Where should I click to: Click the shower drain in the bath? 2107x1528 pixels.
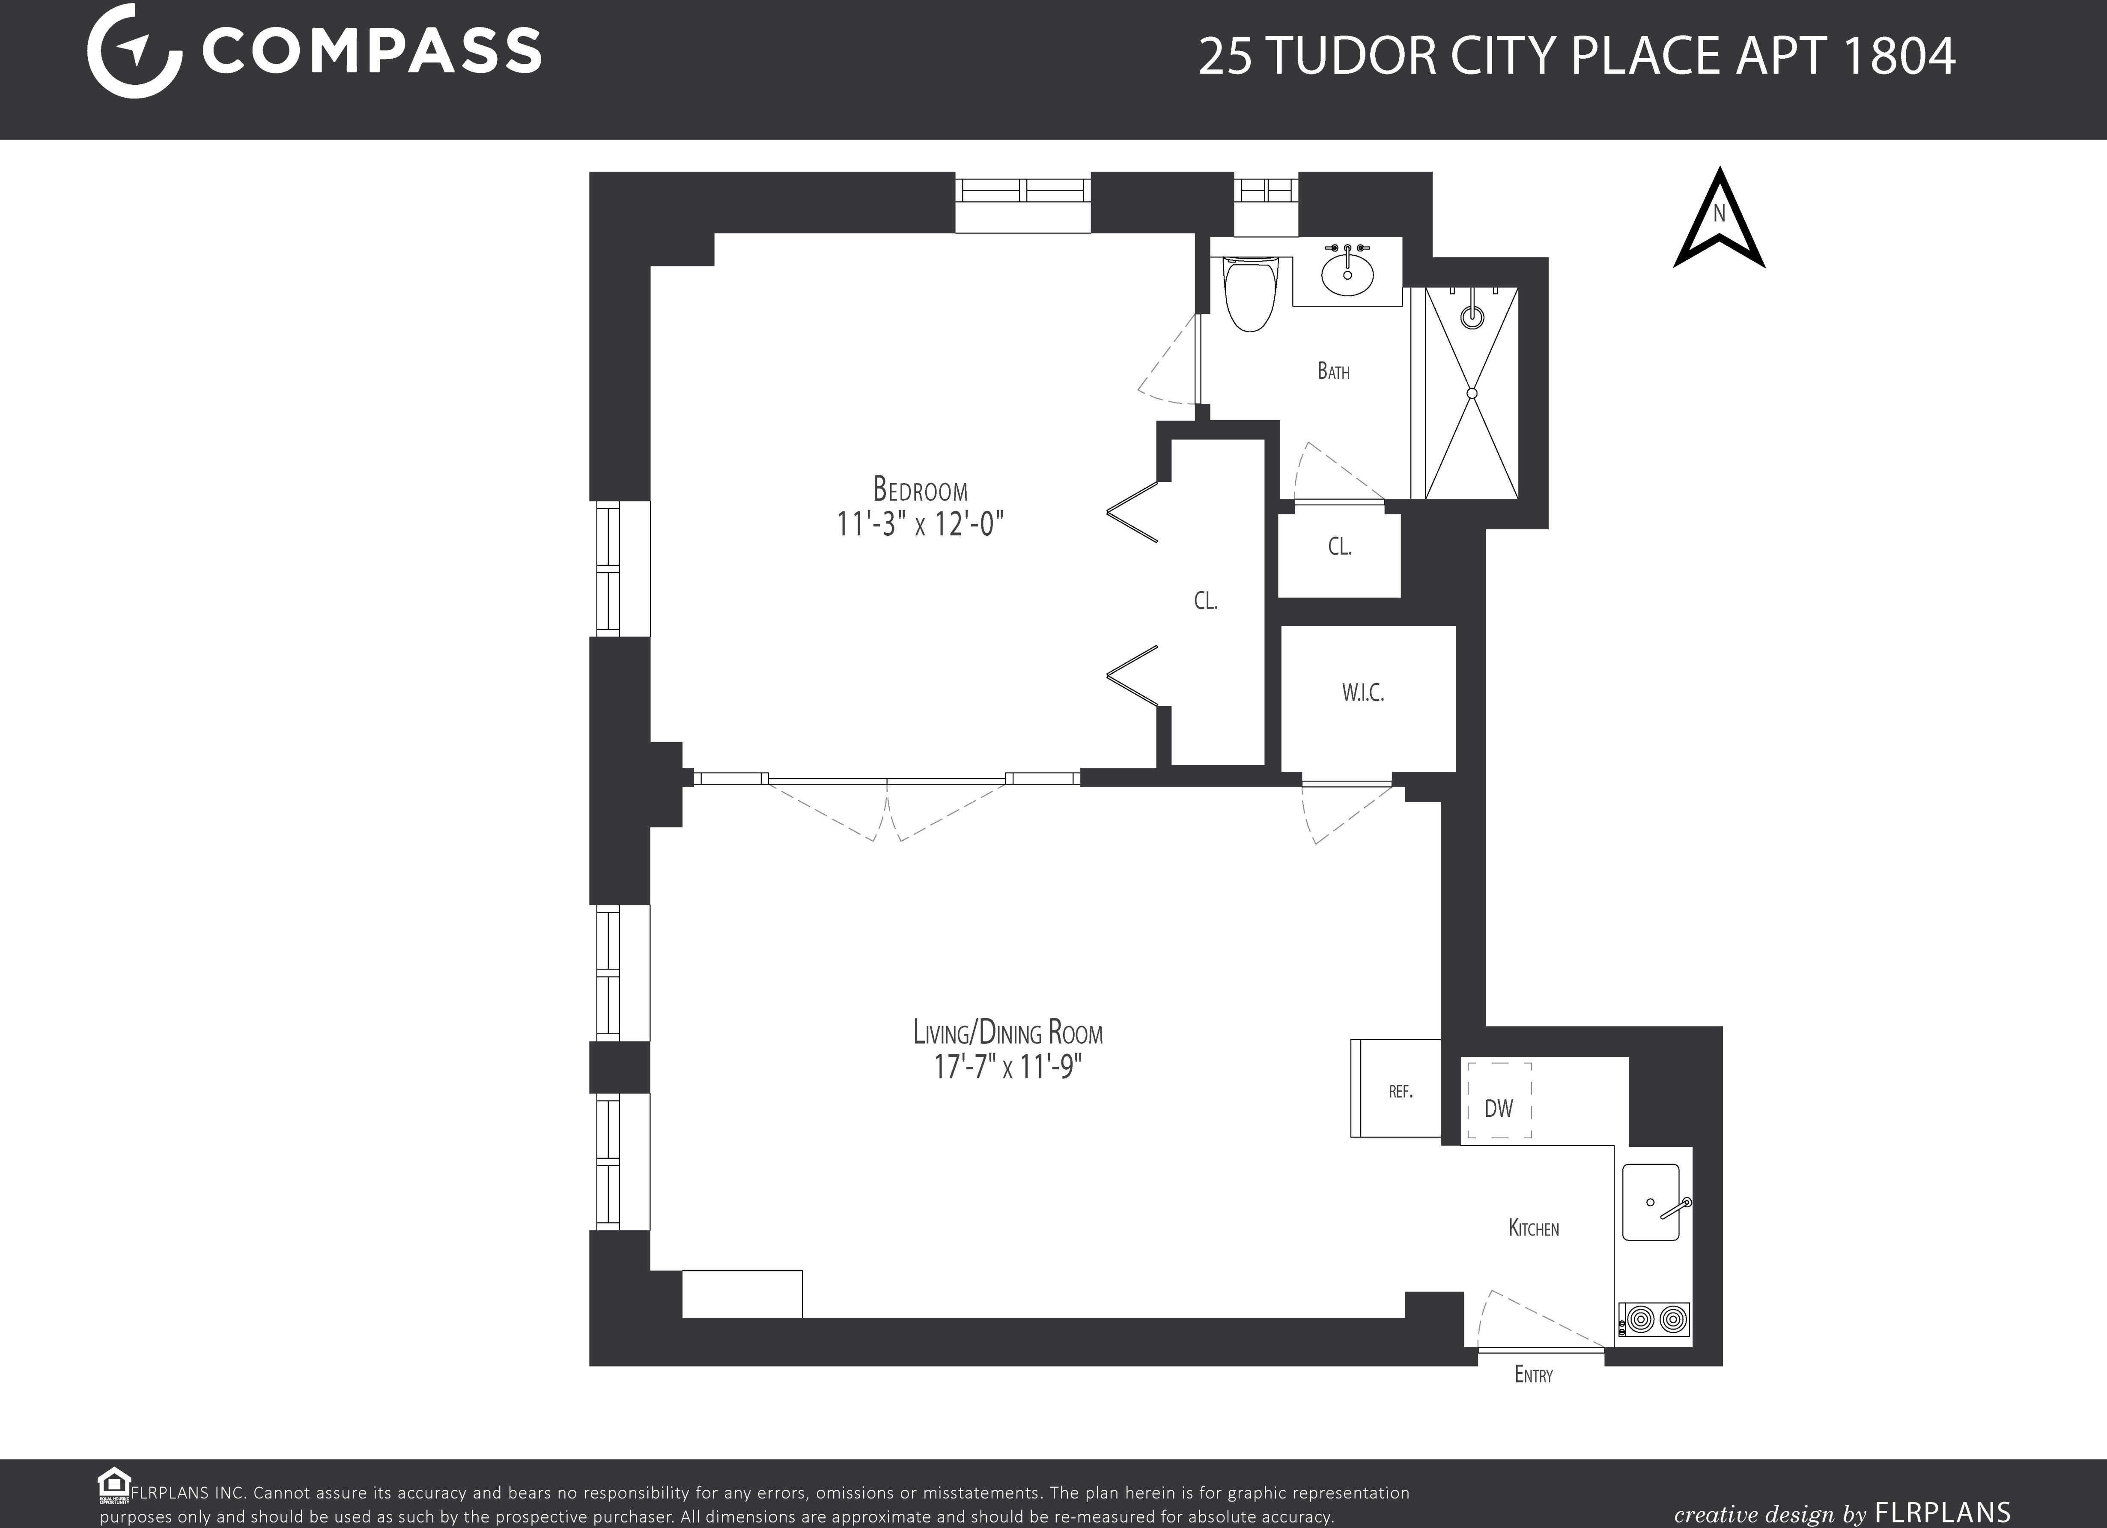tap(1472, 393)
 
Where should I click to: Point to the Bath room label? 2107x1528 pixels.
tap(1333, 371)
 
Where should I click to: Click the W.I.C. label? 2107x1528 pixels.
tap(1363, 692)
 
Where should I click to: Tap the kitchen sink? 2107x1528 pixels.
tap(1651, 1202)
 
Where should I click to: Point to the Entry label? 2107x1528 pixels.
tap(1533, 1375)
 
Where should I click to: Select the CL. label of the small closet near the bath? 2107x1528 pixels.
tap(1339, 546)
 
